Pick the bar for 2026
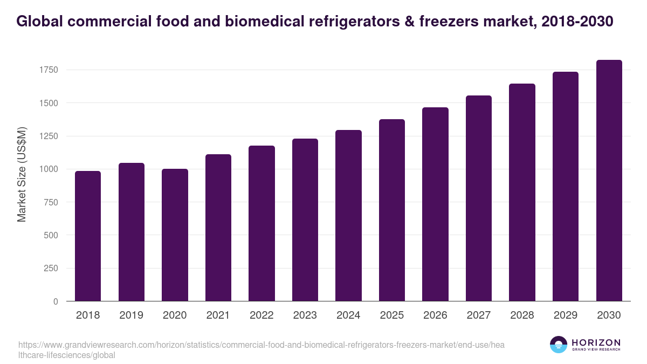point(435,204)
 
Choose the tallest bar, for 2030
point(609,181)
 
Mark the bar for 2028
point(522,193)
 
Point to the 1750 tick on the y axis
point(48,70)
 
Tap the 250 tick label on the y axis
point(50,269)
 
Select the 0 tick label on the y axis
point(56,301)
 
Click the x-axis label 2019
point(131,315)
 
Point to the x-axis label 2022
point(261,315)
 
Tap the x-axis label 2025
point(391,315)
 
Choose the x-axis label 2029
point(565,315)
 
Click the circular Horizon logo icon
point(559,345)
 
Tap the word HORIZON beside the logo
point(596,342)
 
